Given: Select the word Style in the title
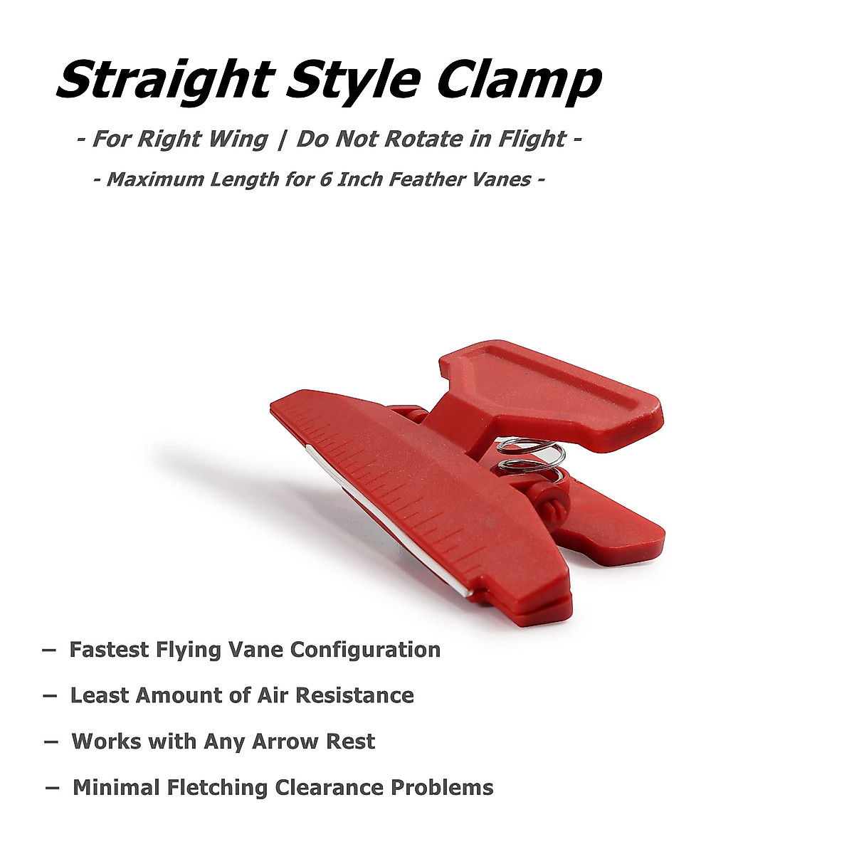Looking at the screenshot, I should (352, 81).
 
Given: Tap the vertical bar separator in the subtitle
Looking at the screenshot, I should (282, 139).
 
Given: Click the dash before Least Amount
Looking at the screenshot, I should (50, 696).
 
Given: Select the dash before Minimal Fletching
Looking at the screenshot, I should (52, 789).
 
